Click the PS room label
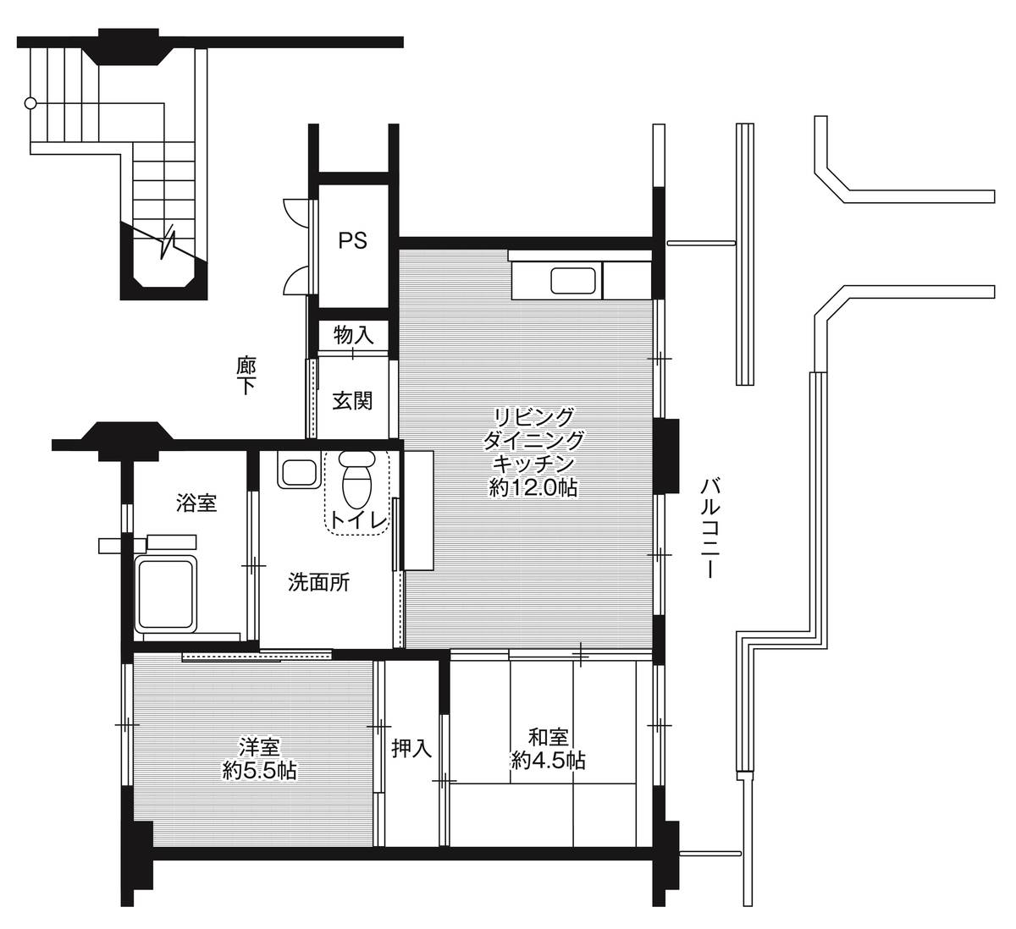click(352, 240)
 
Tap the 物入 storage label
click(354, 335)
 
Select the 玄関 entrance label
click(352, 400)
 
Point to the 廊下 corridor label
click(246, 376)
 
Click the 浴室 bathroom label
click(196, 503)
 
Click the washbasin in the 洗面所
click(299, 473)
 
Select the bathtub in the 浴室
click(165, 596)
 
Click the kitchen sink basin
click(573, 280)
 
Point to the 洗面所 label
click(318, 582)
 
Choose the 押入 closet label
click(411, 748)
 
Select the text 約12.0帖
click(533, 487)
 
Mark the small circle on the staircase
click(30, 104)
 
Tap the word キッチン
click(533, 463)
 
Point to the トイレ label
click(359, 520)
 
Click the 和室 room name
click(548, 737)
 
